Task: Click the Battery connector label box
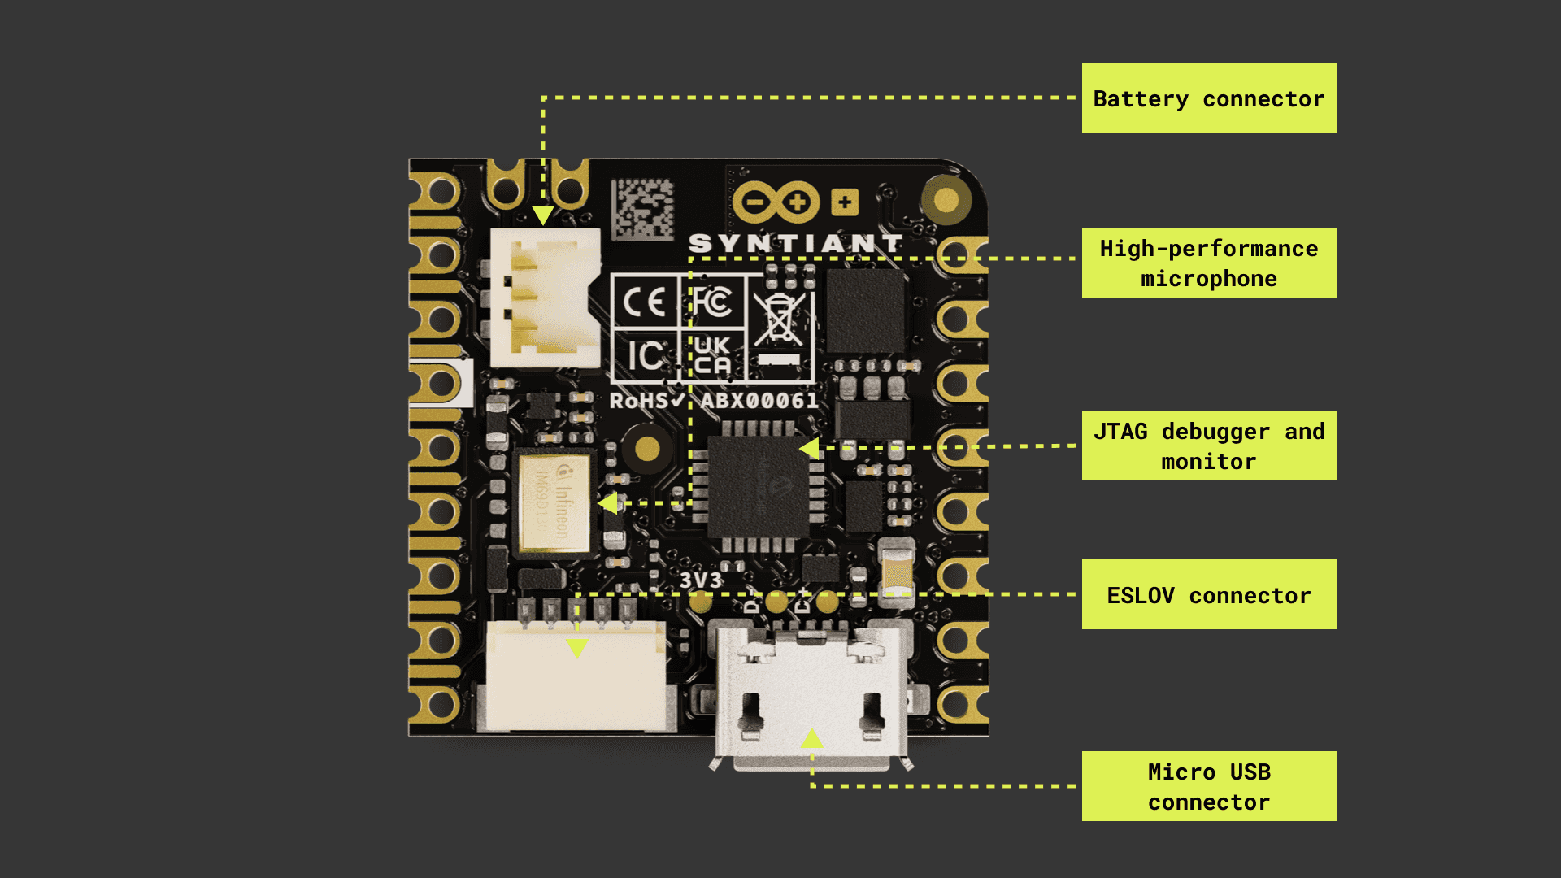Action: point(1208,98)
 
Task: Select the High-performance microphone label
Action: point(1208,263)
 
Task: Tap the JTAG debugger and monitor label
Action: point(1208,446)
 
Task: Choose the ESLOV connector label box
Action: point(1208,594)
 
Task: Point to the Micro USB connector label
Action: point(1208,786)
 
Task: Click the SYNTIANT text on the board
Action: point(795,243)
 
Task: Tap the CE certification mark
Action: point(645,303)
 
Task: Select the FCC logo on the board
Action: point(712,302)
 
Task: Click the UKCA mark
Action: point(712,356)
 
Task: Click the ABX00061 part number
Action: point(759,401)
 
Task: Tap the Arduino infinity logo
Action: point(775,202)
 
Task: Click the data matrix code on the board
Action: point(642,209)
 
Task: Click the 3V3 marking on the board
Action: point(700,580)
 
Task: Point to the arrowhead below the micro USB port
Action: point(811,738)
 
